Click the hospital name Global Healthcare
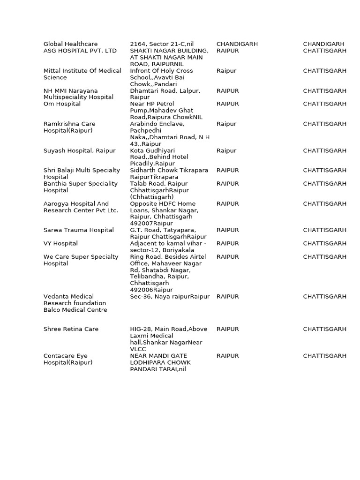point(71,44)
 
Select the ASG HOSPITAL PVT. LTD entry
point(80,51)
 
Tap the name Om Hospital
point(62,104)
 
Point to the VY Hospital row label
point(60,244)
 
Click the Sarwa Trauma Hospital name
point(79,230)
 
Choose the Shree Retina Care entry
point(71,329)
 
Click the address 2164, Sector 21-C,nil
point(162,44)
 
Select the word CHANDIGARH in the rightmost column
point(323,44)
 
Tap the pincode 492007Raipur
point(151,224)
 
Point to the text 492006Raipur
point(151,290)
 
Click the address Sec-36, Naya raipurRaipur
point(170,297)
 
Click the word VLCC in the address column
point(138,349)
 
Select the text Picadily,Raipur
point(152,164)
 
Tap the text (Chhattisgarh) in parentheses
point(151,197)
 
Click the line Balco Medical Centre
point(75,310)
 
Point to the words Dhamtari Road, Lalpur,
point(165,90)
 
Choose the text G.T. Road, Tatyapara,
point(163,230)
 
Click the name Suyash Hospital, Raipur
point(79,151)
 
